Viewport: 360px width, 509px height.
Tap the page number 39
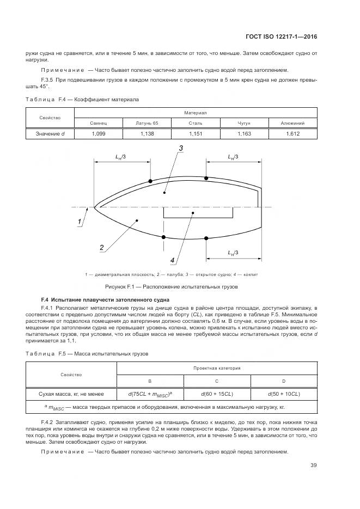313,465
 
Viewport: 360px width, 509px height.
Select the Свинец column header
98,123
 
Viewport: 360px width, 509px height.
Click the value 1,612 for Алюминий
292,133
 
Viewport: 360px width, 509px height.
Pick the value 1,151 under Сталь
196,133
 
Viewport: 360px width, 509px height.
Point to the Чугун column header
244,123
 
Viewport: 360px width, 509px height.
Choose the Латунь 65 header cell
147,123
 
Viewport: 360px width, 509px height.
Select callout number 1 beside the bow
80,222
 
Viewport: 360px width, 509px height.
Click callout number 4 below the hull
172,259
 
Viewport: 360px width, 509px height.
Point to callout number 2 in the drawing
101,248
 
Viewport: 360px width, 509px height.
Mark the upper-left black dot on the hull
150,181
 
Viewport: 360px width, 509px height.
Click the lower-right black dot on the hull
206,237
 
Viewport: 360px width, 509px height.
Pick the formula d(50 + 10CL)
284,394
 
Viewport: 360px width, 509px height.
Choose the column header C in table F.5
217,381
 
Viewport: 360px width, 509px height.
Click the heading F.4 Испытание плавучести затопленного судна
105,300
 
